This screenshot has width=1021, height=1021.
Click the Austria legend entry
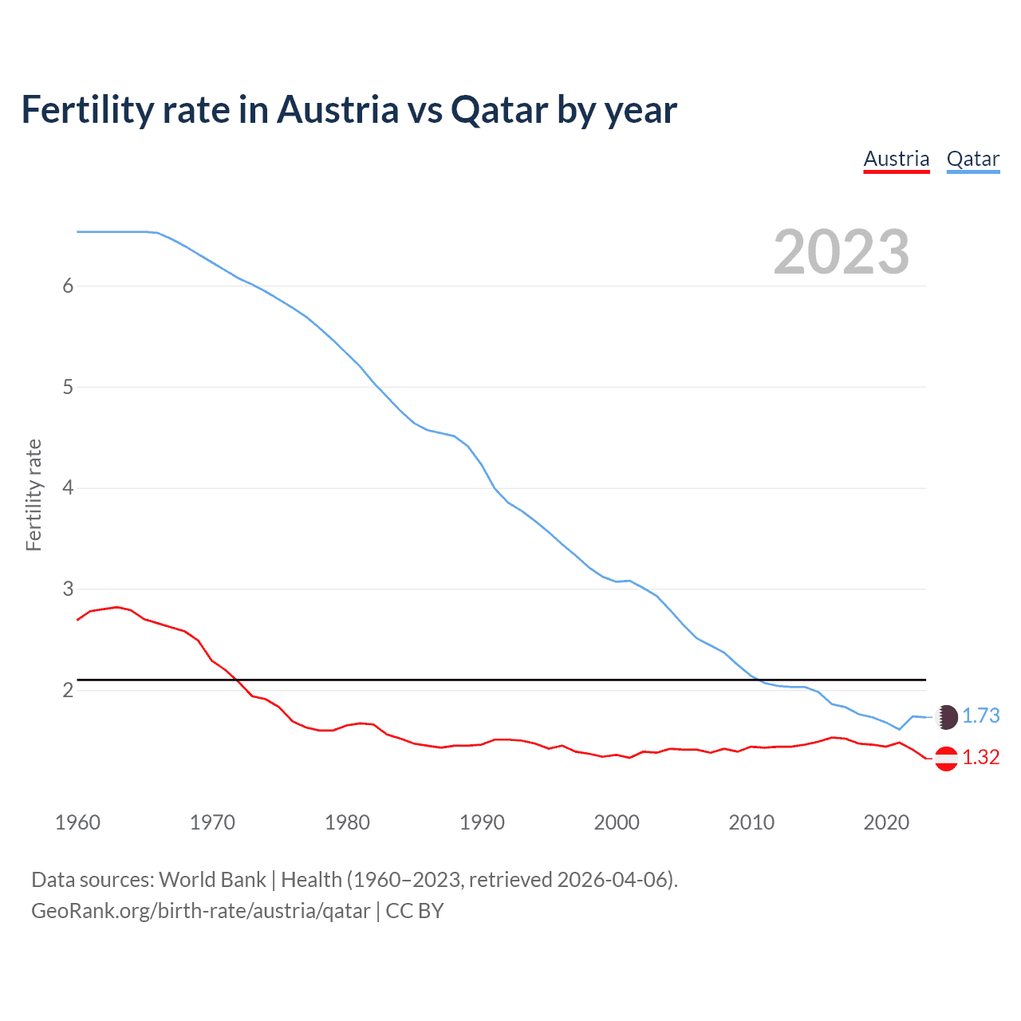(x=897, y=159)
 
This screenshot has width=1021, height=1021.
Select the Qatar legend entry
(x=972, y=159)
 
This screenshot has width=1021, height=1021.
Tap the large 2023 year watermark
(x=842, y=252)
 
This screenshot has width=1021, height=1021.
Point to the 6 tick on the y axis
(x=68, y=286)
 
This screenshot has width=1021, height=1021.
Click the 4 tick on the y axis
(x=68, y=487)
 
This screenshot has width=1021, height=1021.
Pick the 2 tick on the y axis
(x=68, y=690)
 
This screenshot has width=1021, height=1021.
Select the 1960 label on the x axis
(x=77, y=822)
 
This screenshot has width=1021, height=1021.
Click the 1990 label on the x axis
(x=482, y=822)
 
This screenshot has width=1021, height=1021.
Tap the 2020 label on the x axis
(x=886, y=822)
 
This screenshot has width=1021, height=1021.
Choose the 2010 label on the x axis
(x=751, y=822)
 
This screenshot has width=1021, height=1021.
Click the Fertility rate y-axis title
(x=34, y=495)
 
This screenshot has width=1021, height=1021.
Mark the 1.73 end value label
(x=980, y=716)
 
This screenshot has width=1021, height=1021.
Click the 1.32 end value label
(x=980, y=758)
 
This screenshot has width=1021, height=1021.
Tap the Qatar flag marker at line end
(x=946, y=717)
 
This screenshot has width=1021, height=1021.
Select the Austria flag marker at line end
(x=946, y=759)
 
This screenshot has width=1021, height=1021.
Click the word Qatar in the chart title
(x=499, y=110)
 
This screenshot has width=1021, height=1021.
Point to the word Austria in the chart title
(x=337, y=110)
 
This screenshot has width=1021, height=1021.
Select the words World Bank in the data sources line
(x=212, y=880)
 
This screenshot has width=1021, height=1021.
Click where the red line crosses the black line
(x=236, y=680)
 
